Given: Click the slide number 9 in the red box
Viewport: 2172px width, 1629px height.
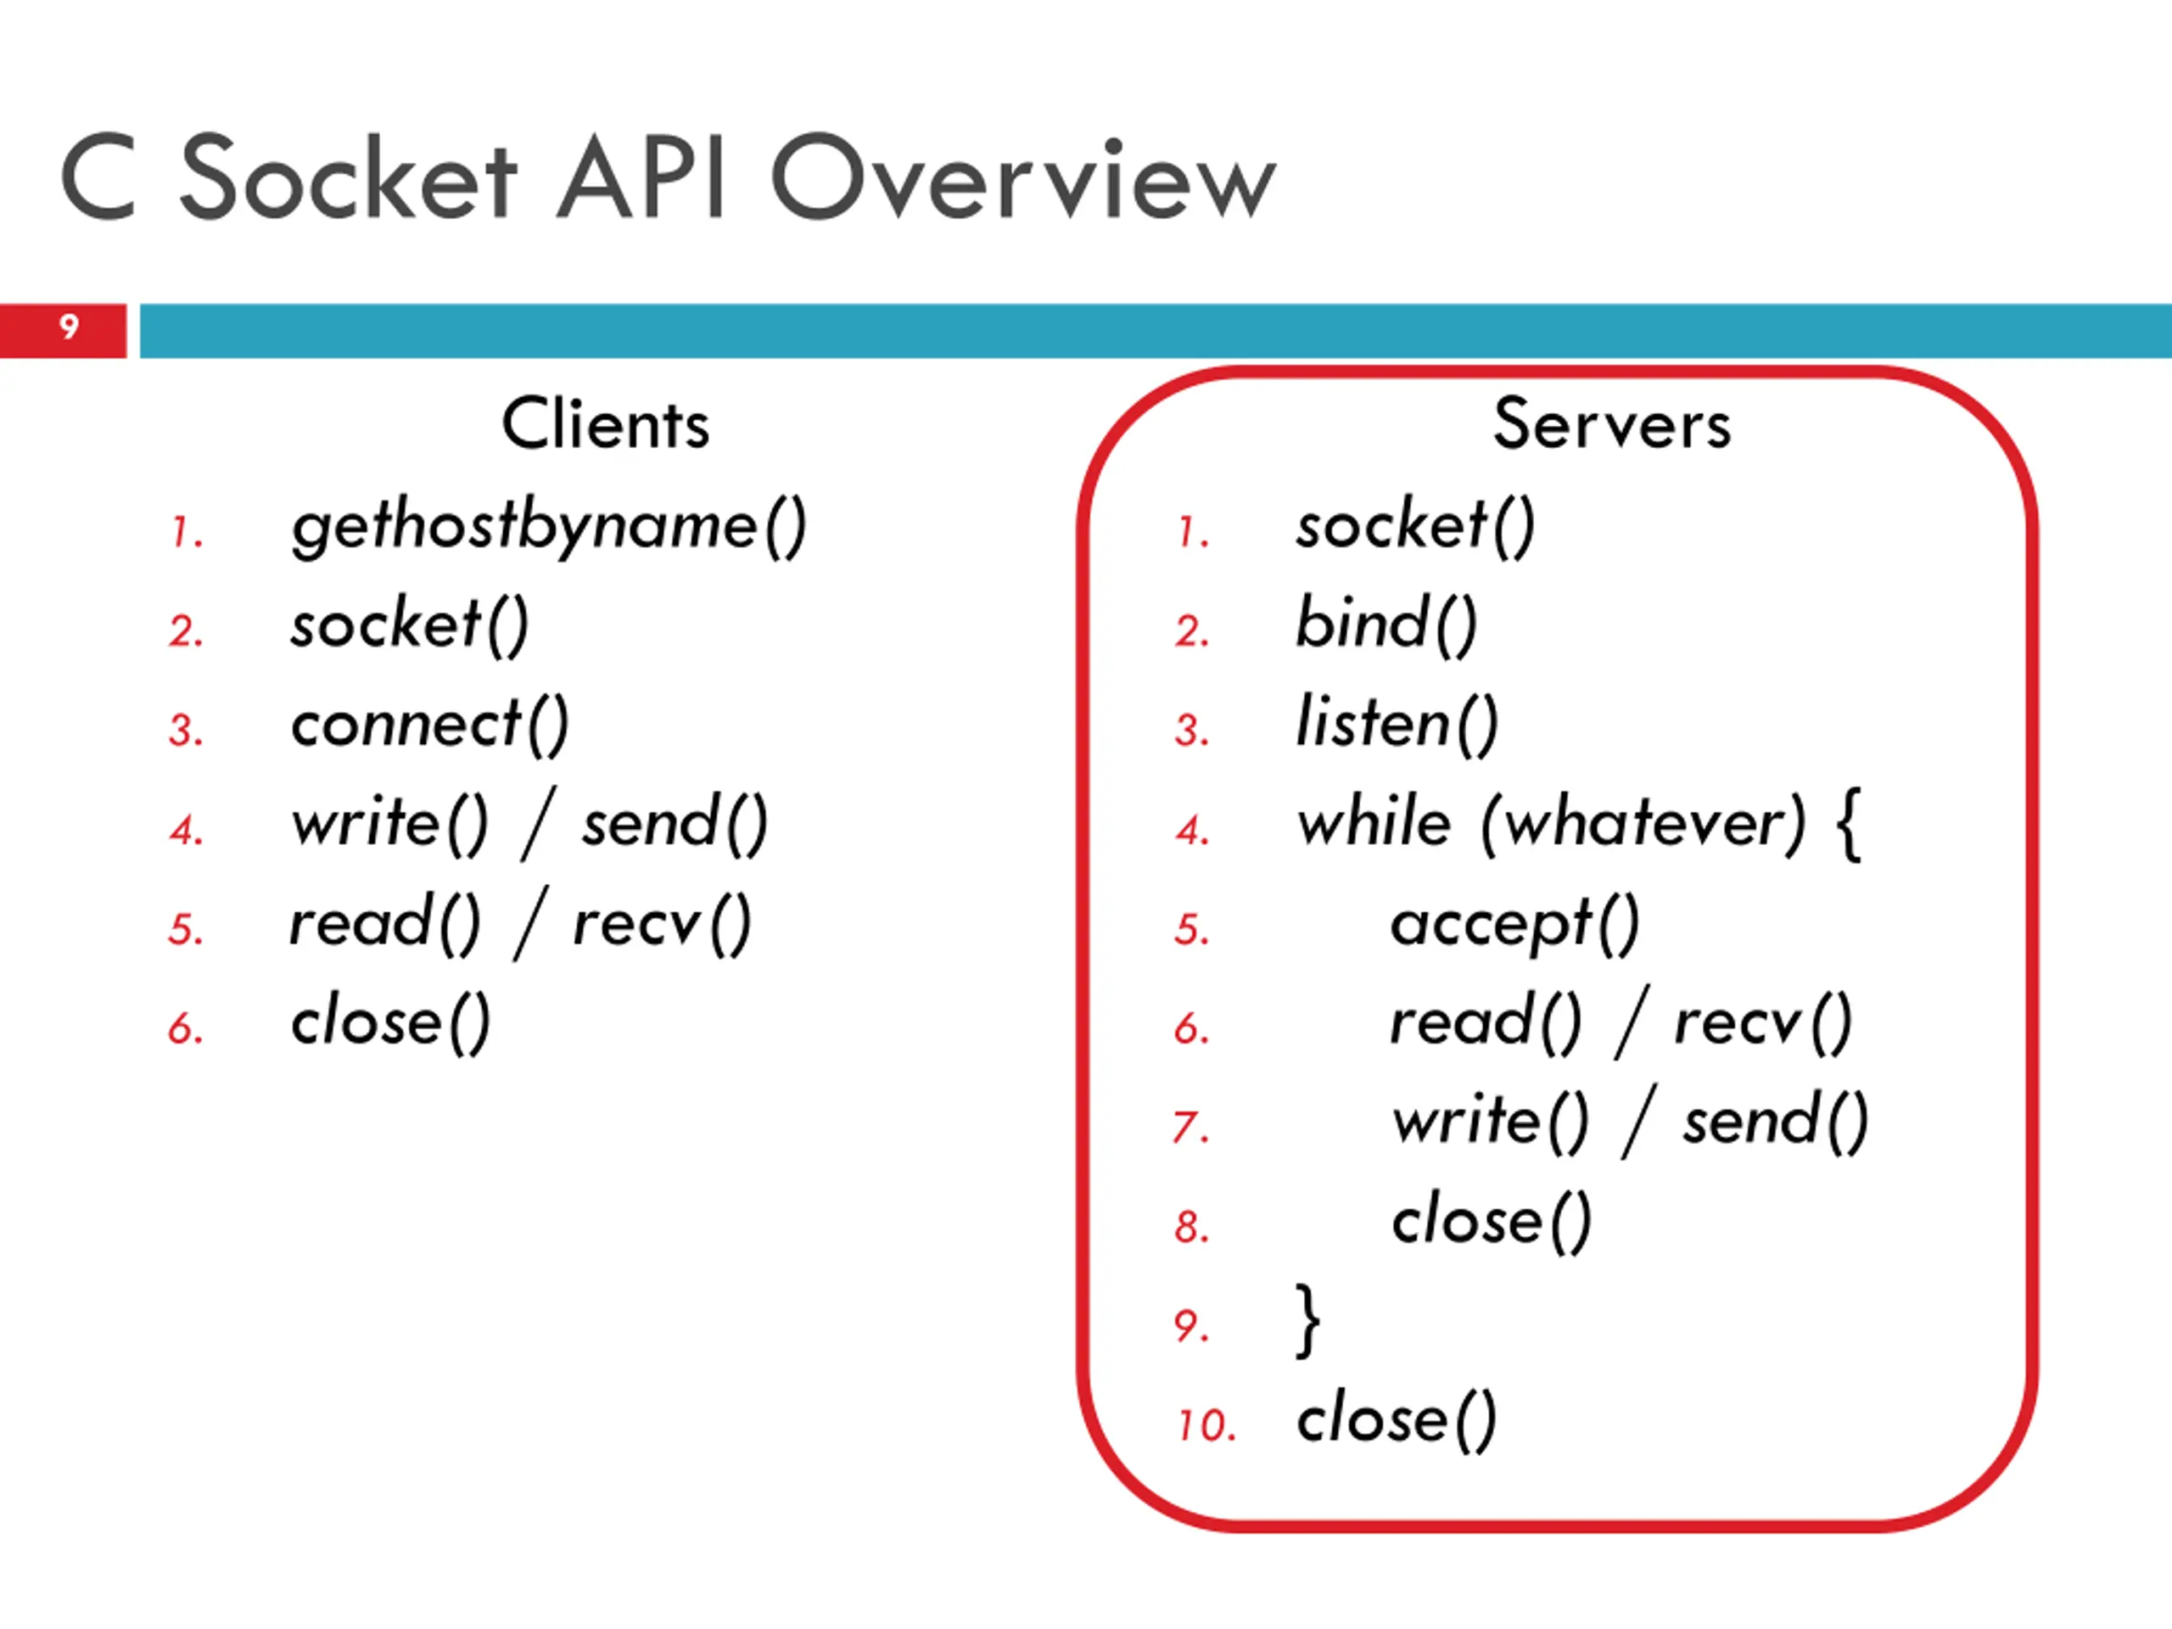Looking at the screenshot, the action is pos(69,326).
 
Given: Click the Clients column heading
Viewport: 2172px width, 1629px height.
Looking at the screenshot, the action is pos(605,424).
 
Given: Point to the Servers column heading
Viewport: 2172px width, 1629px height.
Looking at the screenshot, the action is pos(1611,424).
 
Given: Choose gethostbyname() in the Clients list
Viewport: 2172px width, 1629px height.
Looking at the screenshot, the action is pos(549,527).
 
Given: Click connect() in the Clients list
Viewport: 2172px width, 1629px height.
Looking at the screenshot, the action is pos(430,725).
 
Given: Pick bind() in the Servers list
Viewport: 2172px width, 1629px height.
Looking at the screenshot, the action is pos(1386,624).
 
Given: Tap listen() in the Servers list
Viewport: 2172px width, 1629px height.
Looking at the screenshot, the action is pos(1397,725).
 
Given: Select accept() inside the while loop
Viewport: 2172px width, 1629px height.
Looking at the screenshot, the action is pos(1515,925).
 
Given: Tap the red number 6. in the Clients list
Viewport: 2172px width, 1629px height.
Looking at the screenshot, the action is pos(186,1028).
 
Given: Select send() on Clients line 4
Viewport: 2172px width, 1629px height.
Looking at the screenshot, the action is pos(675,824).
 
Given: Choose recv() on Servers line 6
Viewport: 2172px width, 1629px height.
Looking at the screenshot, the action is pos(1762,1023).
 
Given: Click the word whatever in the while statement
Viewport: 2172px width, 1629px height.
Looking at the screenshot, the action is pos(1643,823).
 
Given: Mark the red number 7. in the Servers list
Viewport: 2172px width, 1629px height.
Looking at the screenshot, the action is pos(1191,1128).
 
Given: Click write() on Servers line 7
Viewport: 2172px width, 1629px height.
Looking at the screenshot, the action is pos(1491,1122).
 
